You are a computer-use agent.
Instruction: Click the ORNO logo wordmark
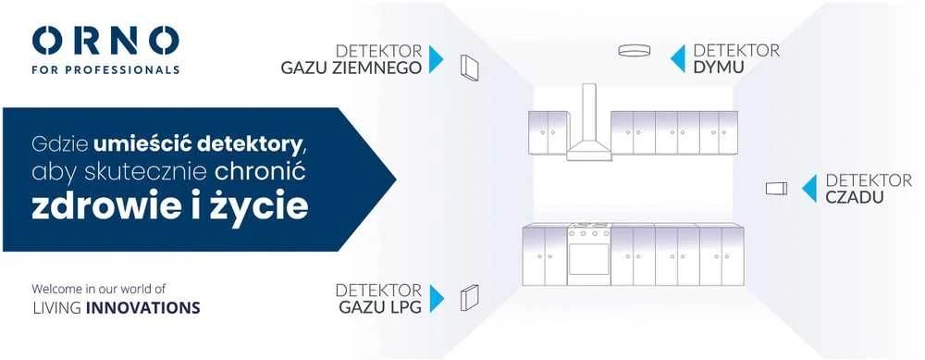[x=105, y=42]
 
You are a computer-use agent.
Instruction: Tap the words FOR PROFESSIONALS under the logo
[x=105, y=69]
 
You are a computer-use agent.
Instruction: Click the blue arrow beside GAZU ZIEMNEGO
[x=436, y=59]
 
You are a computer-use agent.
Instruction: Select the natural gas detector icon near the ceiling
[x=469, y=68]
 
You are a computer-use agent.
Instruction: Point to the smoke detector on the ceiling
[x=635, y=51]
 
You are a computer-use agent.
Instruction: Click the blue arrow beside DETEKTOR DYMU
[x=678, y=59]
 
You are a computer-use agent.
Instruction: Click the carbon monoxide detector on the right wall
[x=776, y=188]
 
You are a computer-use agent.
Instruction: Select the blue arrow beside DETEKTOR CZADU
[x=809, y=188]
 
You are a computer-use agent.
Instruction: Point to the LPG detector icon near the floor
[x=470, y=297]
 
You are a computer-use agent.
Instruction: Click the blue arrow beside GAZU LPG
[x=437, y=298]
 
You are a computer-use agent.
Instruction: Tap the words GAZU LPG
[x=380, y=307]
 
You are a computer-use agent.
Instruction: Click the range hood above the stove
[x=588, y=124]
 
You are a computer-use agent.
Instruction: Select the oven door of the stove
[x=588, y=258]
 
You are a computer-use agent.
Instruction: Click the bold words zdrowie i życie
[x=170, y=206]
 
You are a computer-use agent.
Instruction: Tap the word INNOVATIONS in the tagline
[x=142, y=307]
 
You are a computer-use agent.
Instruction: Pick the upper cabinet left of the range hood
[x=548, y=132]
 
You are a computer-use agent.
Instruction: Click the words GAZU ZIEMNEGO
[x=351, y=68]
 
